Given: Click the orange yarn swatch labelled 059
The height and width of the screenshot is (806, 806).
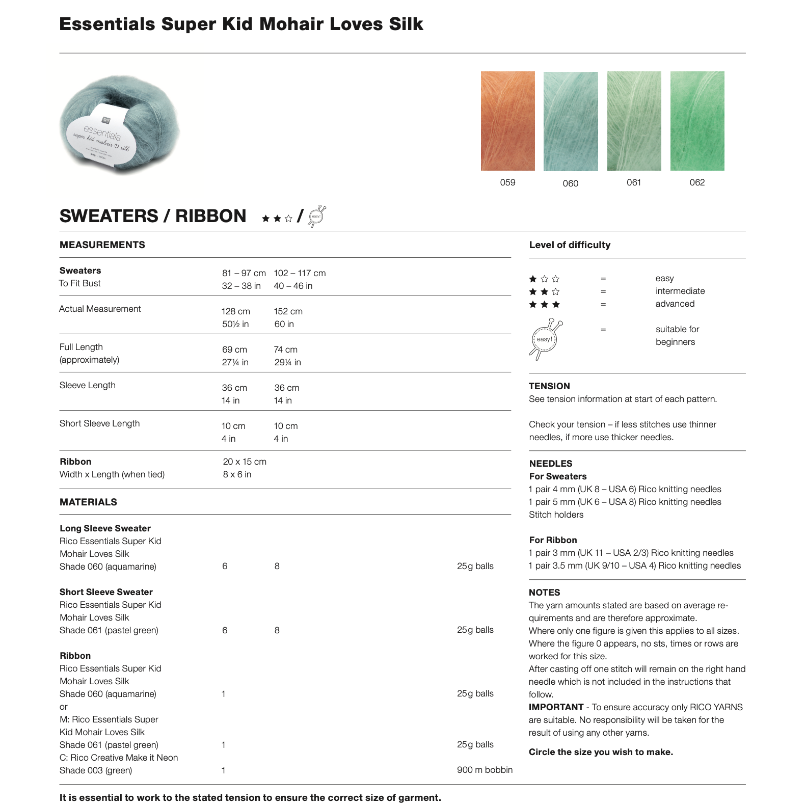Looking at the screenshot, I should (507, 121).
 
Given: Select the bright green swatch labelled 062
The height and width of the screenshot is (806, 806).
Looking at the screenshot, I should (697, 121).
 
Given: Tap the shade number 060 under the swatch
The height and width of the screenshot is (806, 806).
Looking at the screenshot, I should (570, 183).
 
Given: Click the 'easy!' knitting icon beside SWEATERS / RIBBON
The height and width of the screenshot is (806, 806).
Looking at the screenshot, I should (317, 217).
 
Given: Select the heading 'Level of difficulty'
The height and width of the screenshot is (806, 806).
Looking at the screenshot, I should (570, 245).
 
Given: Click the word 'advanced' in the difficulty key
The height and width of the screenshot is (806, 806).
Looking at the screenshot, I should (675, 304).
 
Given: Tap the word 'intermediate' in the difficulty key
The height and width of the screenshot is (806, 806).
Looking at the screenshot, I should (680, 291).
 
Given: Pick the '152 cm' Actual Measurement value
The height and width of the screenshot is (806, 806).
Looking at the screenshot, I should (288, 311).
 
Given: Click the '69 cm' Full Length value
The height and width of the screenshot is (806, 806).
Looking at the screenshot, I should (234, 350).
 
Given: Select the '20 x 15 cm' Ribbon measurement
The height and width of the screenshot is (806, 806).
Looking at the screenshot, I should (245, 462).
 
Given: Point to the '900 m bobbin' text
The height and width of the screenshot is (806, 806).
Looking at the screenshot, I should (485, 770).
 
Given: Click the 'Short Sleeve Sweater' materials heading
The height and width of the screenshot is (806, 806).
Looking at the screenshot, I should (106, 592).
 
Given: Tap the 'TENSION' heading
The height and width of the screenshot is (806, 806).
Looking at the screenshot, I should (549, 386).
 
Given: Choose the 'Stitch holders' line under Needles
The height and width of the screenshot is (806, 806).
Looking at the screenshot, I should (556, 515).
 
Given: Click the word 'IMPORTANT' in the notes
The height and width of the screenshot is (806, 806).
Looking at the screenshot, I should (556, 707).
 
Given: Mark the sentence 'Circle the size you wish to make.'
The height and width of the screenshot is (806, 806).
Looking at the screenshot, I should (601, 752).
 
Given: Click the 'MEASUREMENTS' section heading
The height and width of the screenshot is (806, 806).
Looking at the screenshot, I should (102, 245).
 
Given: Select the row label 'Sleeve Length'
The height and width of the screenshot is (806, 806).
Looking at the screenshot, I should (88, 385).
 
